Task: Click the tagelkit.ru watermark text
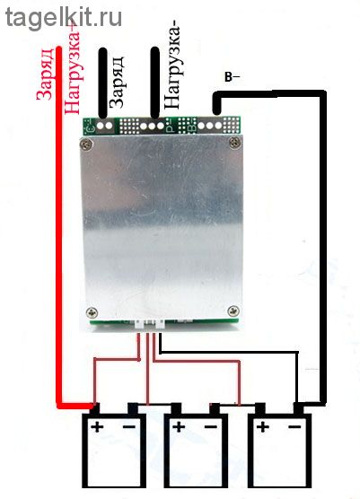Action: pyautogui.click(x=64, y=18)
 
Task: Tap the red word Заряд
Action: pyautogui.click(x=45, y=74)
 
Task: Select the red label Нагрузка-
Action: pyautogui.click(x=72, y=69)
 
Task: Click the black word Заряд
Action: pyautogui.click(x=116, y=83)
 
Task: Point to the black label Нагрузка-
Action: pyautogui.click(x=172, y=66)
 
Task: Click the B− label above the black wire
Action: pyautogui.click(x=232, y=77)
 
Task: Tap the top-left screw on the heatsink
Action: pyautogui.click(x=86, y=144)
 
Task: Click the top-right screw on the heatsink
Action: pyautogui.click(x=235, y=142)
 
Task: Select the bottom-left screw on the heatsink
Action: pyautogui.click(x=92, y=312)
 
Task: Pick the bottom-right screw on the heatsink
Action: pyautogui.click(x=233, y=311)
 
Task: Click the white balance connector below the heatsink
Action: pyautogui.click(x=149, y=324)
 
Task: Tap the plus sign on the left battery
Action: pyautogui.click(x=97, y=426)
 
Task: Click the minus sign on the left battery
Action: pyautogui.click(x=129, y=426)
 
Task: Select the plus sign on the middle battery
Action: pyautogui.click(x=179, y=426)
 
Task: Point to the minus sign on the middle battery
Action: pyautogui.click(x=211, y=426)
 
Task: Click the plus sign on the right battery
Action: pyautogui.click(x=263, y=426)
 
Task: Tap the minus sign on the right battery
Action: pyautogui.click(x=294, y=426)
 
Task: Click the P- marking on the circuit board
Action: pyautogui.click(x=171, y=125)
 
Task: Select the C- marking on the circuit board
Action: pyautogui.click(x=90, y=126)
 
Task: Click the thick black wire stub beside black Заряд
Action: pyautogui.click(x=102, y=83)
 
